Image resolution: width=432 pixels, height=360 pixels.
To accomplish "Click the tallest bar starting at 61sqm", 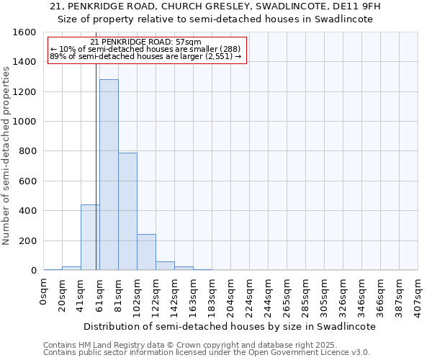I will (x=109, y=175).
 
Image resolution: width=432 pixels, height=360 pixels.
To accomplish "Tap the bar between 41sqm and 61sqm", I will (x=90, y=238).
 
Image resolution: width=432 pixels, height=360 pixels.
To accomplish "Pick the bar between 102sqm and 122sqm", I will (x=146, y=252).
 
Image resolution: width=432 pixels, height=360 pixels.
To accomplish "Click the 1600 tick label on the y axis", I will (x=24, y=32).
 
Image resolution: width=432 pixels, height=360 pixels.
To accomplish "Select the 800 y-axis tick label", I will (x=27, y=151).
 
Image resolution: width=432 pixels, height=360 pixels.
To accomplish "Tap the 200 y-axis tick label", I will (x=27, y=240).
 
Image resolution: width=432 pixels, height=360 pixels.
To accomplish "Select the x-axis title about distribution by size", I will (x=230, y=326).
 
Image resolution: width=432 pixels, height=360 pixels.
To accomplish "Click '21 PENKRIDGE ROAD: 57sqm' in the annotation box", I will (x=146, y=42).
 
